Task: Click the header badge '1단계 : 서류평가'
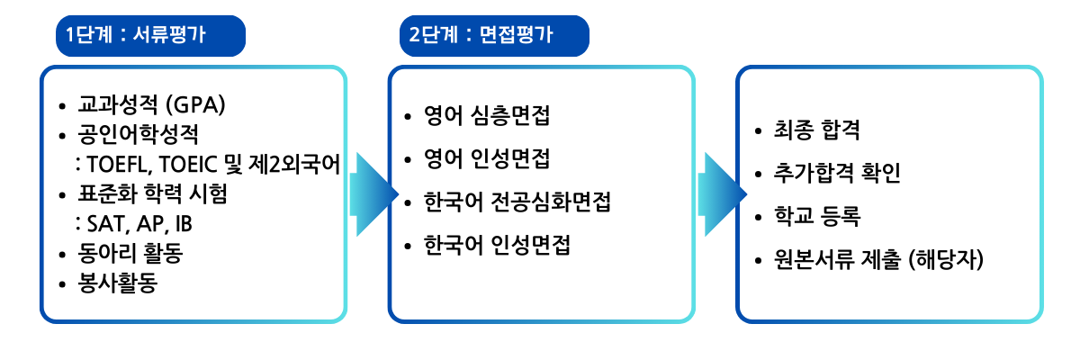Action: pyautogui.click(x=150, y=36)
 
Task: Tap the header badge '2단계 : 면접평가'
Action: pyautogui.click(x=494, y=36)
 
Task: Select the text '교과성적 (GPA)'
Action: pyautogui.click(x=151, y=104)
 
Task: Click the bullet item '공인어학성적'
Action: pyautogui.click(x=138, y=134)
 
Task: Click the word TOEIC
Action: pyautogui.click(x=187, y=165)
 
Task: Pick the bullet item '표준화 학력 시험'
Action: pyautogui.click(x=152, y=193)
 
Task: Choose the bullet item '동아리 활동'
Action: pyautogui.click(x=130, y=253)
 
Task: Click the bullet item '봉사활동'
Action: pyautogui.click(x=118, y=283)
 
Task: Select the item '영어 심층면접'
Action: pyautogui.click(x=487, y=116)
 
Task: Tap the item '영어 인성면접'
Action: pyautogui.click(x=487, y=158)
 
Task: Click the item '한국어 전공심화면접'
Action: pyautogui.click(x=517, y=202)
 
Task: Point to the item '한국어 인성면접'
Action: pyautogui.click(x=497, y=245)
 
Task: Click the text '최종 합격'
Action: pyautogui.click(x=817, y=130)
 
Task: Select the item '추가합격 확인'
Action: pyautogui.click(x=837, y=173)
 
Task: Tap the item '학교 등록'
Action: pyautogui.click(x=817, y=216)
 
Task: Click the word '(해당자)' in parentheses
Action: pyautogui.click(x=946, y=259)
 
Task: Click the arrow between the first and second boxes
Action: pyautogui.click(x=374, y=194)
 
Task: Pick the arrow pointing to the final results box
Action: pyautogui.click(x=722, y=194)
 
